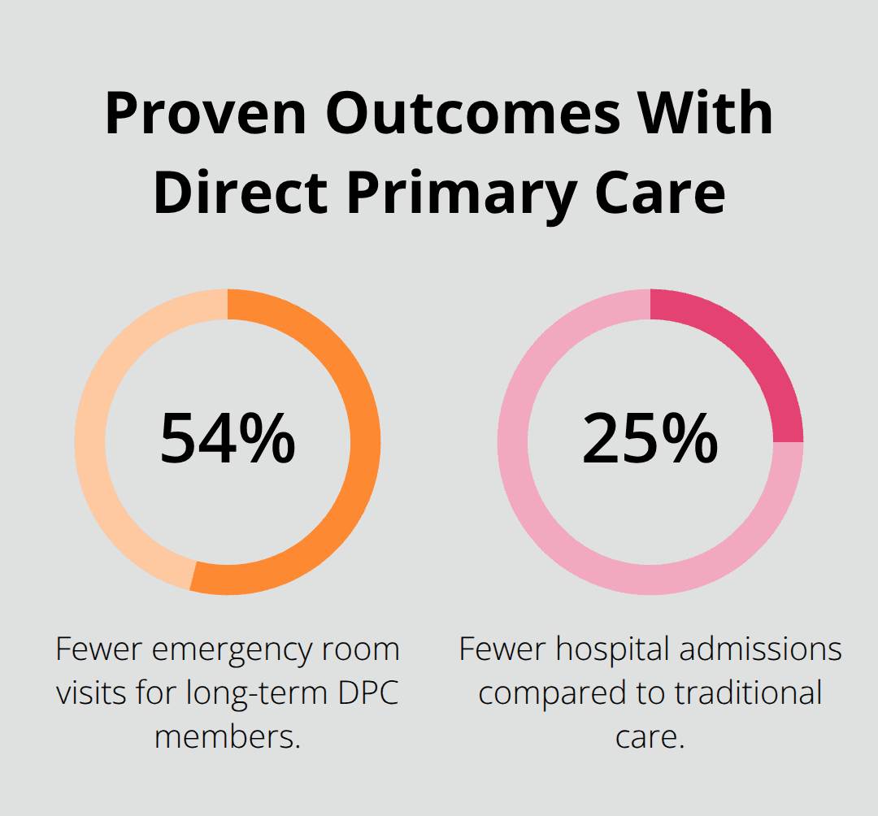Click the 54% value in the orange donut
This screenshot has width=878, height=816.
pyautogui.click(x=228, y=440)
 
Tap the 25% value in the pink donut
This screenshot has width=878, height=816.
pyautogui.click(x=650, y=440)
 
